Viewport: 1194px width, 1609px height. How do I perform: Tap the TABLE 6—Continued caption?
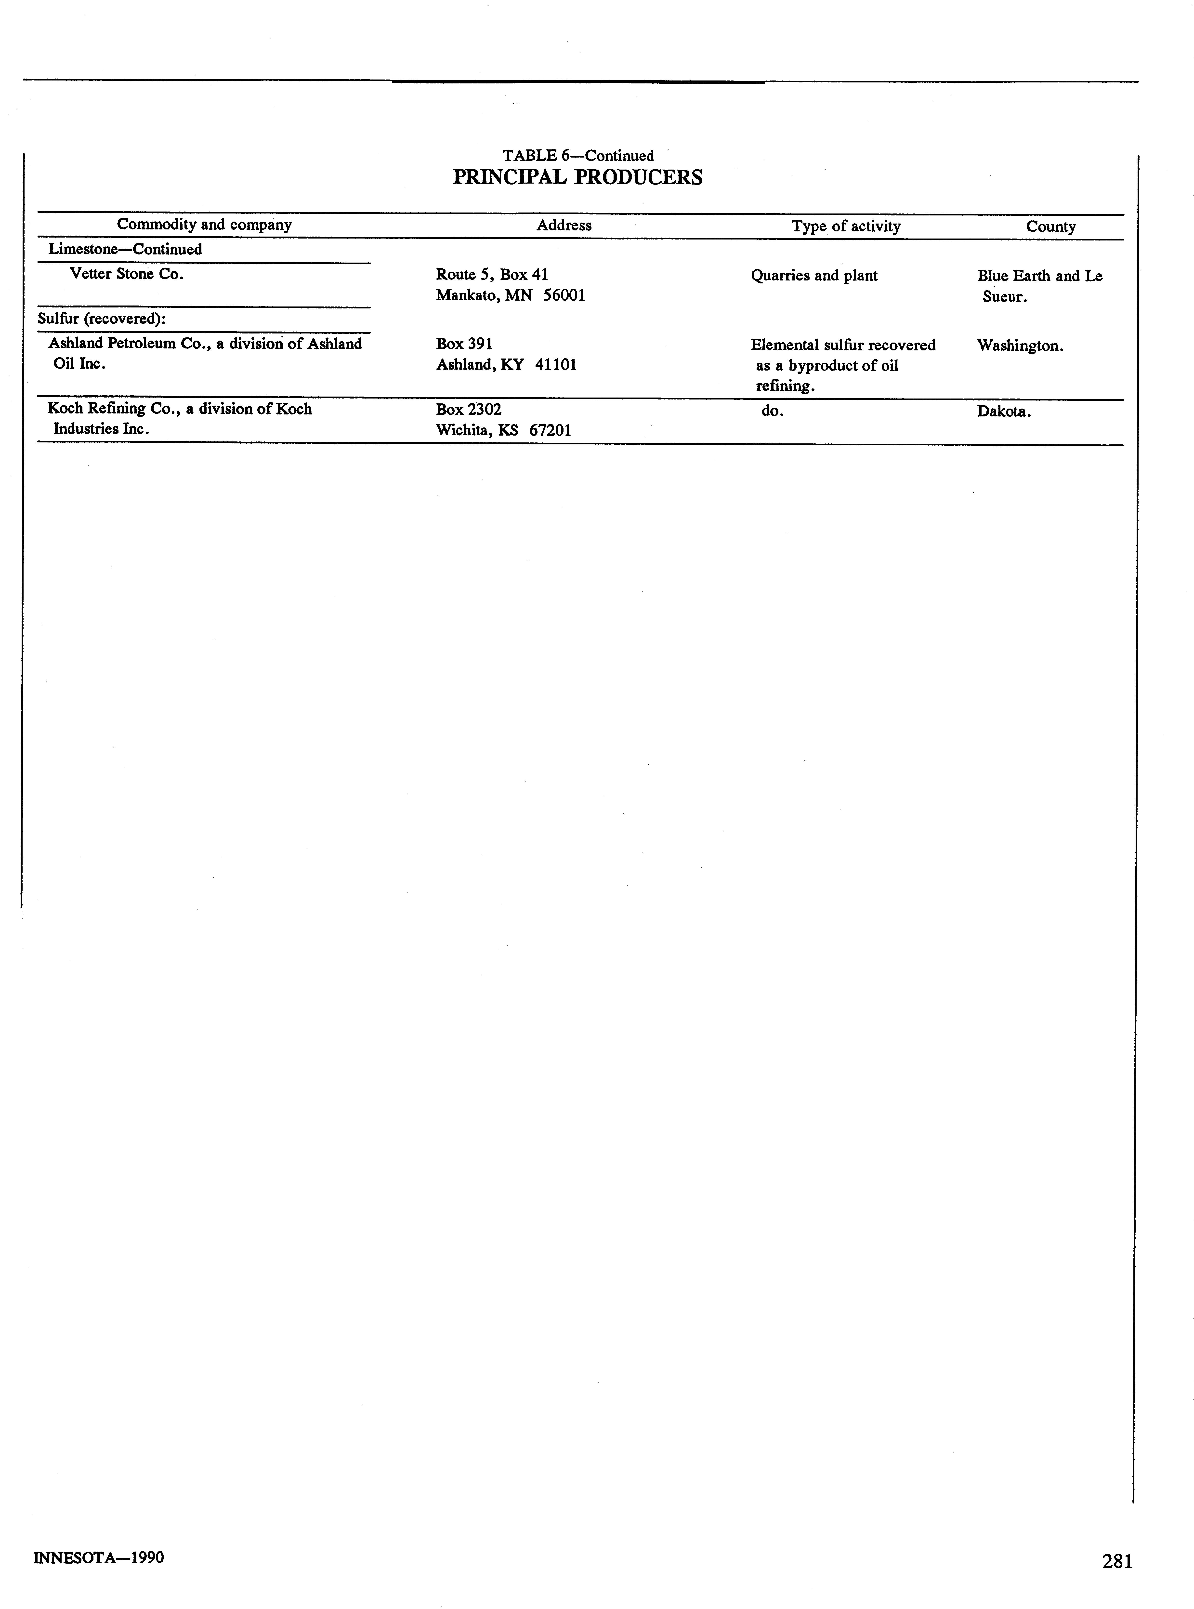point(577,155)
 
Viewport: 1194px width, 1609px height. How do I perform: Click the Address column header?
point(564,226)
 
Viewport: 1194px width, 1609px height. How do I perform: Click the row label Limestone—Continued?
point(125,249)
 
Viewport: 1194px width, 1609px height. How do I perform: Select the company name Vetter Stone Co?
point(127,274)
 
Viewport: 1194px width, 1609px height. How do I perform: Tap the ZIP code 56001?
point(564,296)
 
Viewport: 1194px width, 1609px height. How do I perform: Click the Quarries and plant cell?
point(814,275)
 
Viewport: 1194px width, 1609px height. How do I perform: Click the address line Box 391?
point(464,344)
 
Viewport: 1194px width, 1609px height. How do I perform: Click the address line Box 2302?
point(468,409)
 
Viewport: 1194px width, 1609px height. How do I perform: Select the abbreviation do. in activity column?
point(772,411)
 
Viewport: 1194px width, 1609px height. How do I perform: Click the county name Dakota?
point(1003,411)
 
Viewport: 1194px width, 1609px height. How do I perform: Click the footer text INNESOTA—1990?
point(99,1557)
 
